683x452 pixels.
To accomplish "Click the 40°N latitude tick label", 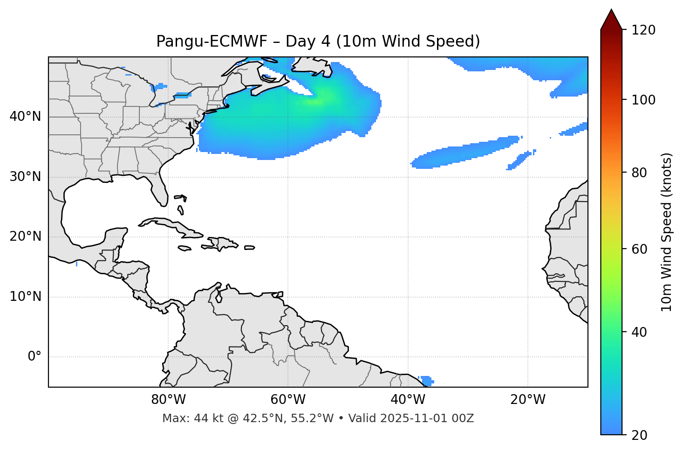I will point(25,117).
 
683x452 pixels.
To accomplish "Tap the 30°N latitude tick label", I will point(25,177).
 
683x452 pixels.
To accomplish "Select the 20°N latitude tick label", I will point(25,236).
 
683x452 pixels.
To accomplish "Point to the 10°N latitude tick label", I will point(25,297).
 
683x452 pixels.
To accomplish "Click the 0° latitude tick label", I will point(34,357).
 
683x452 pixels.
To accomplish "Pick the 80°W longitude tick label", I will point(168,400).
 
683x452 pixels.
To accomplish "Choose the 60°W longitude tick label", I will point(288,400).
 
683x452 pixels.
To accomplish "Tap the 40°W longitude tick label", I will point(408,400).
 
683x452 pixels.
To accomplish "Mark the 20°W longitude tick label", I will point(528,400).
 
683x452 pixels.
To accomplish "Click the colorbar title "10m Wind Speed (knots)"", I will point(667,232).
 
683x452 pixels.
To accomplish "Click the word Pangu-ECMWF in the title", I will point(212,42).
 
